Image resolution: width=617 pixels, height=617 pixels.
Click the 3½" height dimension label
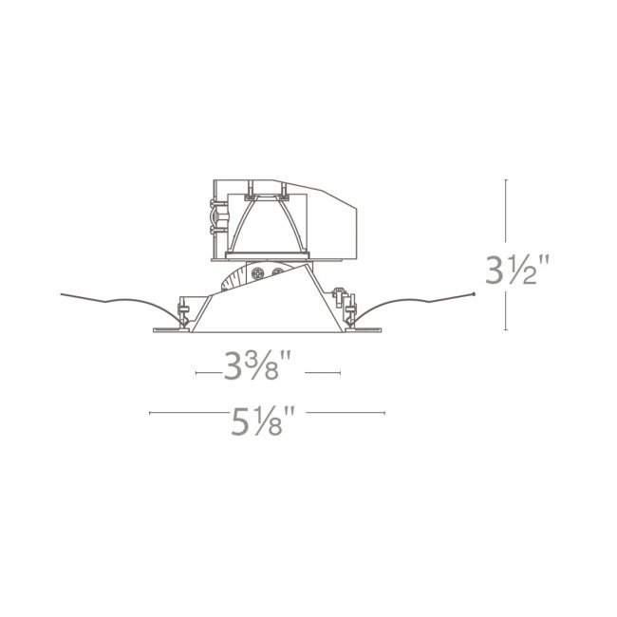(516, 270)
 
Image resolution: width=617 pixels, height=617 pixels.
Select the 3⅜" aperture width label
(257, 365)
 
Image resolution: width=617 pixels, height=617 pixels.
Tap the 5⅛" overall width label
(262, 421)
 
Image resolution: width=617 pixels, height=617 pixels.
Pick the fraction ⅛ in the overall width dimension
(268, 421)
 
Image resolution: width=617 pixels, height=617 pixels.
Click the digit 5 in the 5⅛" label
(240, 421)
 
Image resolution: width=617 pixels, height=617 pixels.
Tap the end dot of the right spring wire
(474, 293)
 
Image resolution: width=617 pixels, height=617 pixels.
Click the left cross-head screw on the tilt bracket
(258, 272)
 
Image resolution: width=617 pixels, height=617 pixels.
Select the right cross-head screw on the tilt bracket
(278, 271)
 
